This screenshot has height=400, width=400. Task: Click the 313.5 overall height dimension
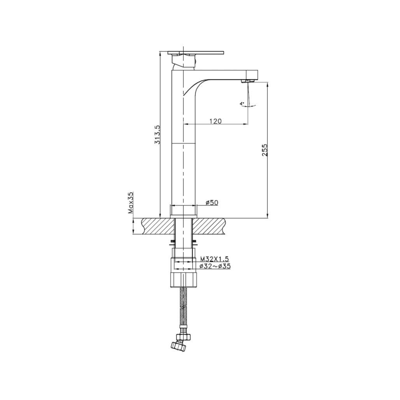point(157,135)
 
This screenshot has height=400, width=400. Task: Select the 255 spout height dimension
point(265,150)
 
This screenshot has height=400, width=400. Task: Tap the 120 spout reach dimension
point(215,121)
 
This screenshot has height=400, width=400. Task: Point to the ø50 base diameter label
point(212,202)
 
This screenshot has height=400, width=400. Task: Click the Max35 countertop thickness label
point(131,203)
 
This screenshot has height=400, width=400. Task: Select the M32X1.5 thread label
point(214,259)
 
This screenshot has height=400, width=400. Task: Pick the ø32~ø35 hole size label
point(214,266)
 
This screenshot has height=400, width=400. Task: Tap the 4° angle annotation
point(242,104)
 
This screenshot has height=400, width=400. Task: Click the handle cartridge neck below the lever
point(183,61)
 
